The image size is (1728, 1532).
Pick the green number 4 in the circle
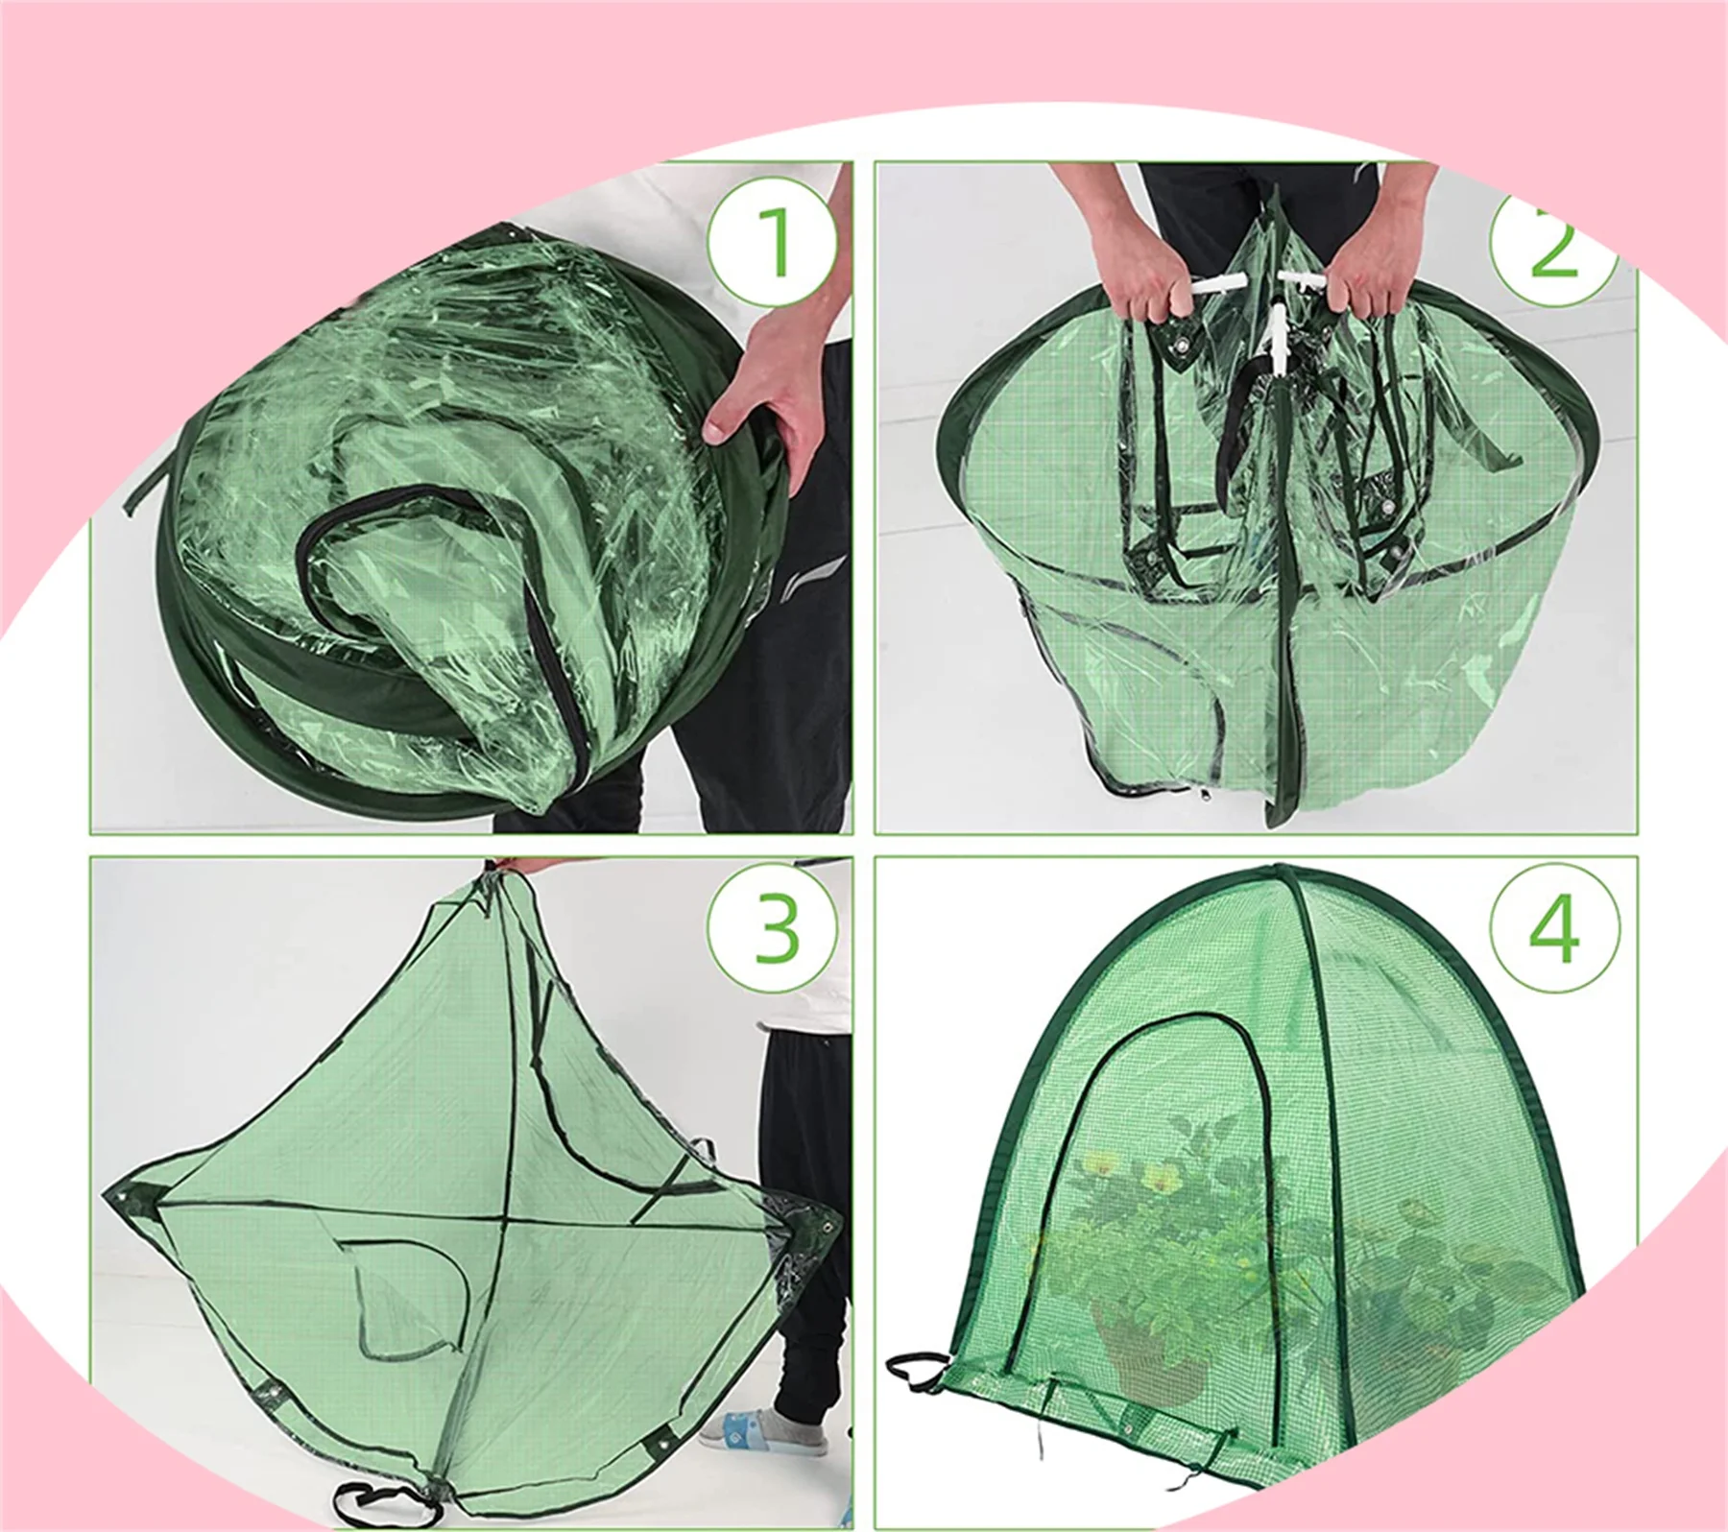point(1554,927)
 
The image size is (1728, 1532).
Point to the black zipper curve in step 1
point(432,509)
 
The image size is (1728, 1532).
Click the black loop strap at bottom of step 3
point(366,1498)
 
